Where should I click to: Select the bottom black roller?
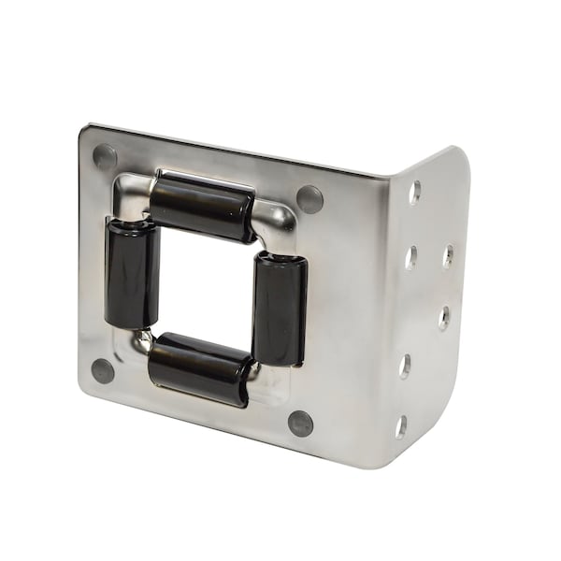coord(200,368)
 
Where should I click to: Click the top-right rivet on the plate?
coord(309,198)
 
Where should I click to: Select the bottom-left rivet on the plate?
coord(103,371)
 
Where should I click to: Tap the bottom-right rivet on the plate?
coord(301,423)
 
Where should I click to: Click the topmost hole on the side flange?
coord(414,192)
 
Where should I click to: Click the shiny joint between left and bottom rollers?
coord(142,341)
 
